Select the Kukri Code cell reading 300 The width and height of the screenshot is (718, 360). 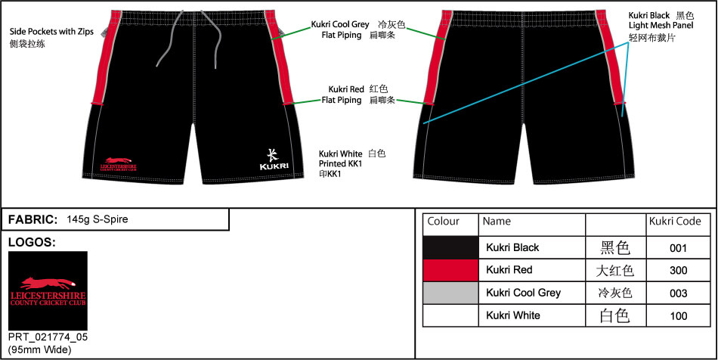point(679,270)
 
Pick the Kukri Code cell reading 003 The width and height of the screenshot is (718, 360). point(679,293)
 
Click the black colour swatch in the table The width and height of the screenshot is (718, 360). point(450,247)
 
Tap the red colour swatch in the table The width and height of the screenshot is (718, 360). point(450,270)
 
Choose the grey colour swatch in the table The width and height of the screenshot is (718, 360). point(450,293)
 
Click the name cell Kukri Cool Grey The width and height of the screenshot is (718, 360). point(523,293)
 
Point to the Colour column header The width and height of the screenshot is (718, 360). point(444,222)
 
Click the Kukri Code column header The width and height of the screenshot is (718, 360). point(675,222)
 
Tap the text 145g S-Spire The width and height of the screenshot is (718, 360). point(97,219)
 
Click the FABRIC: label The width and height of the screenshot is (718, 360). point(32,219)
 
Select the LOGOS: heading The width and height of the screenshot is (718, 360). point(32,243)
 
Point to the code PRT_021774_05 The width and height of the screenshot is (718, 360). point(48,337)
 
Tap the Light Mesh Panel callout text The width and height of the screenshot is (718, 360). point(661,26)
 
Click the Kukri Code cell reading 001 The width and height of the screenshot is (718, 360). point(679,247)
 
